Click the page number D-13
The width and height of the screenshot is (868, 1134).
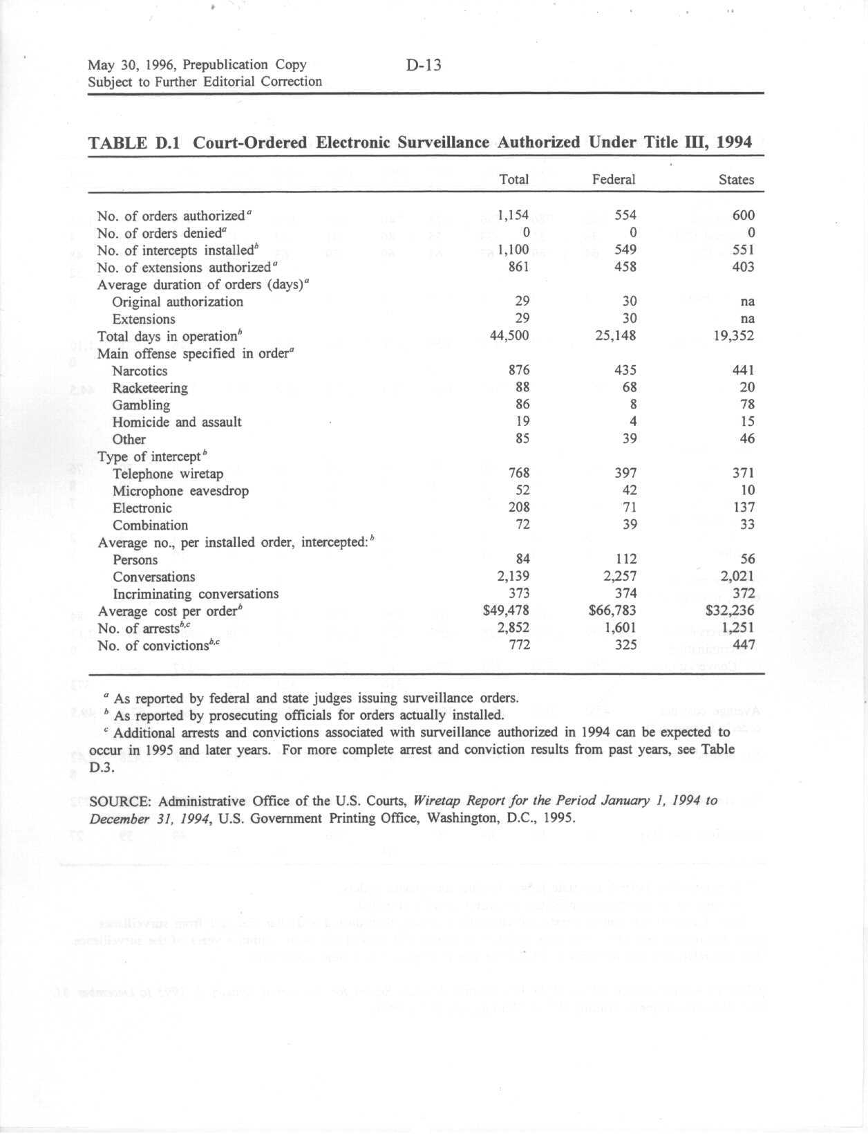tap(424, 65)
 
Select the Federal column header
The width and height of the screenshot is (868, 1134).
tap(613, 180)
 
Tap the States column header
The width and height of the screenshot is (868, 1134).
tap(736, 180)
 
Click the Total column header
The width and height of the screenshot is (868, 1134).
tap(513, 180)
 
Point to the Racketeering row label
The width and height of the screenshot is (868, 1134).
tap(150, 388)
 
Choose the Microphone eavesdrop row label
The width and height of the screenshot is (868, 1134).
tap(180, 491)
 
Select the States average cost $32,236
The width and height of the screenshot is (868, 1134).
tap(730, 611)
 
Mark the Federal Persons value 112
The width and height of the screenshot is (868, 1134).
tap(623, 559)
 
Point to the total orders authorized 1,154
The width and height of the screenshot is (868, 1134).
tap(513, 216)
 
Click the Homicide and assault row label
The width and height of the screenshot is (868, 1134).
tap(177, 422)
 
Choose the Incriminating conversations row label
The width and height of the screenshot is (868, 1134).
tap(196, 594)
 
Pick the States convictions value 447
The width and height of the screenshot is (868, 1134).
tap(743, 645)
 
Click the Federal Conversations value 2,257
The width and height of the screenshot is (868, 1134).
tap(616, 577)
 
